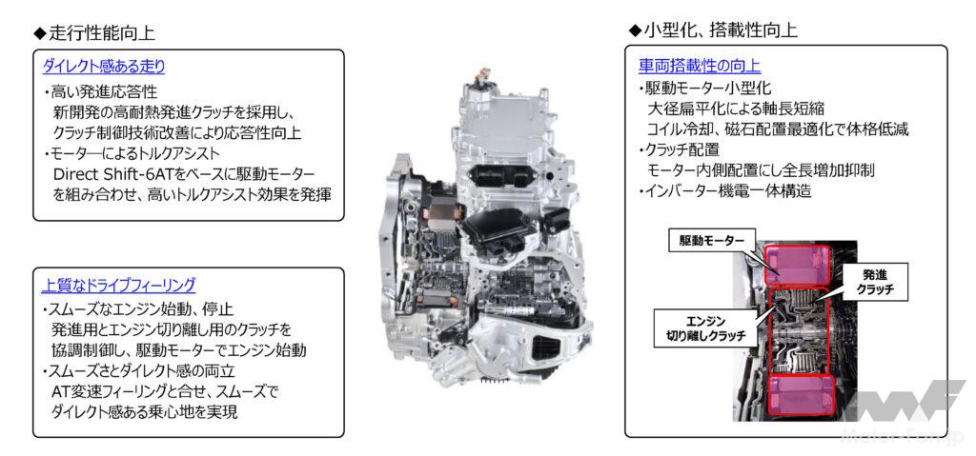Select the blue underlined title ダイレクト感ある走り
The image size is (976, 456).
(x=103, y=66)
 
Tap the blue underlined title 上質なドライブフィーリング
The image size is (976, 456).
(x=118, y=286)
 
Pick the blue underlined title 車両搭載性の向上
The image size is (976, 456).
(x=700, y=66)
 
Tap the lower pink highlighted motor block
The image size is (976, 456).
(x=802, y=396)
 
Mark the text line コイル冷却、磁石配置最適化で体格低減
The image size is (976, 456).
(x=778, y=129)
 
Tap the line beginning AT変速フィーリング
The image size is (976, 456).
(x=164, y=392)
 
